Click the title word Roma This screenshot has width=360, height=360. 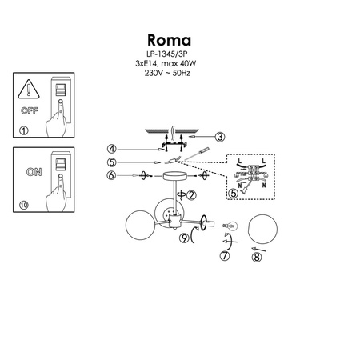[x=170, y=40]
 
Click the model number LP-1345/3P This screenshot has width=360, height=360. [x=169, y=54]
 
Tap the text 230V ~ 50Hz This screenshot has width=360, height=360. [x=169, y=70]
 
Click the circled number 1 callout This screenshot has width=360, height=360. [x=23, y=130]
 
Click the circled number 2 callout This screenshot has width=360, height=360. [x=191, y=195]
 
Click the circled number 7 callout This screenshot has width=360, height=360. [x=225, y=258]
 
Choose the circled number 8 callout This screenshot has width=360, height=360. [x=257, y=258]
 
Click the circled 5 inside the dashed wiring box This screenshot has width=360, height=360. [x=234, y=193]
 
